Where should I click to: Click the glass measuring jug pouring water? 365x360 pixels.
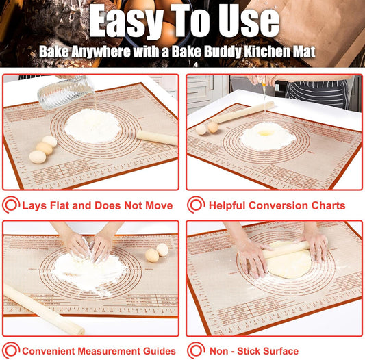point(64,93)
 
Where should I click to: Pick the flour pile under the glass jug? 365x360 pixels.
point(92,126)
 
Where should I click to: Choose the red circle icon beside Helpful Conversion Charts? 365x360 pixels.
point(196,205)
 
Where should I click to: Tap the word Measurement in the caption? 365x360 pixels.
point(108,351)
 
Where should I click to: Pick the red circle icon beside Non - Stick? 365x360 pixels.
point(196,350)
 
